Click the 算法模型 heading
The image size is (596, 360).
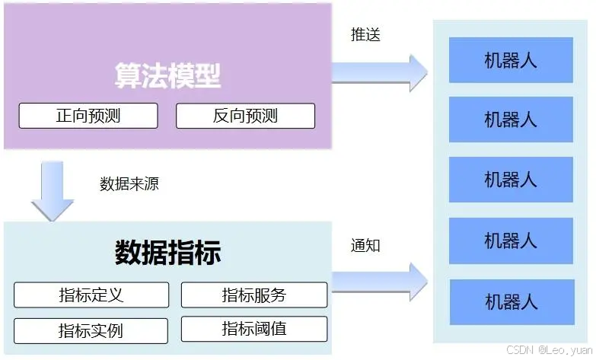[x=167, y=75]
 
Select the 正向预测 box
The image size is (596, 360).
[x=88, y=116]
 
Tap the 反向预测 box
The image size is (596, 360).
[x=245, y=116]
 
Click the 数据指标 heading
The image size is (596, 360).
[x=167, y=253]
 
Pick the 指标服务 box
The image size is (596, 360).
[x=254, y=295]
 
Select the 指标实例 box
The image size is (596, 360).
[x=91, y=331]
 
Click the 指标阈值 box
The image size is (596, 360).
[x=254, y=330]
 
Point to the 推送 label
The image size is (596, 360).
[x=365, y=34]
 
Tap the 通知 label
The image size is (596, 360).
[x=365, y=245]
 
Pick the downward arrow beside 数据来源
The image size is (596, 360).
[x=53, y=190]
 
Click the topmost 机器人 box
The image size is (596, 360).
[x=511, y=60]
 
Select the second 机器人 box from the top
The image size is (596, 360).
[x=511, y=119]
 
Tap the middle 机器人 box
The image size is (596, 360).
[x=511, y=180]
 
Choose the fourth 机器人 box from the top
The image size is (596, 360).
[x=511, y=241]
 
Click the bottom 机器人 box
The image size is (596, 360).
[x=511, y=301]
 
